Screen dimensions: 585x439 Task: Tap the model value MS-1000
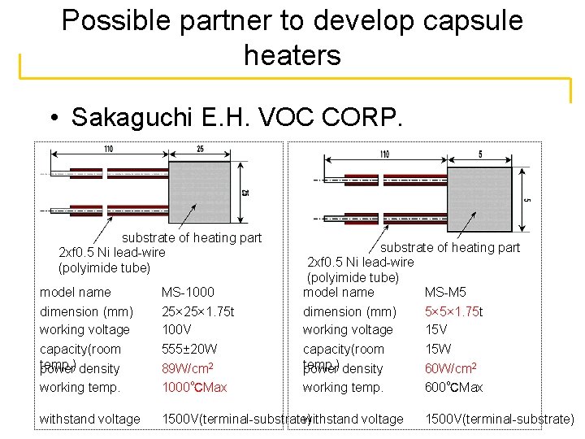click(188, 292)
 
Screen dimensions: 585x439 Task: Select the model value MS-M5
click(446, 292)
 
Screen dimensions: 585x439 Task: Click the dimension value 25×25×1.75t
click(199, 311)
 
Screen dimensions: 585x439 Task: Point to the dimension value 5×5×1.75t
click(453, 311)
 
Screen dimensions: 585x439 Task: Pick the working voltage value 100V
click(175, 329)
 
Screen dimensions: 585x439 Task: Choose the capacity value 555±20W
click(189, 349)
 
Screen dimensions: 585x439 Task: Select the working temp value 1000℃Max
click(194, 387)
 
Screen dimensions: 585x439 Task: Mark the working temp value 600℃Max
click(453, 387)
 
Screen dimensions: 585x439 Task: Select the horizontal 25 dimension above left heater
click(200, 150)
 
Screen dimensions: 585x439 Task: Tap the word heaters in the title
click(292, 55)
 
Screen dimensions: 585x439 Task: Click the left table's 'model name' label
click(76, 292)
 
